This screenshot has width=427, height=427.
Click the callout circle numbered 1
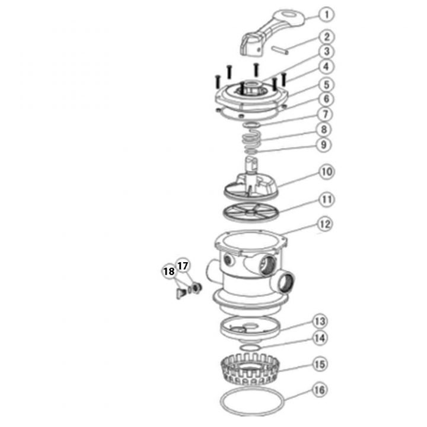[327, 14]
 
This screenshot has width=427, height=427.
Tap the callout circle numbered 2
[327, 37]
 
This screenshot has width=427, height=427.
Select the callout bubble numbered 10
[327, 172]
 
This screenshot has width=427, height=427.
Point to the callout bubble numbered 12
[325, 224]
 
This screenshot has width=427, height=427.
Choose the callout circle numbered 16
[320, 390]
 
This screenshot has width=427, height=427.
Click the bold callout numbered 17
[183, 266]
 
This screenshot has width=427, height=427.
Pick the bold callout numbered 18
[169, 271]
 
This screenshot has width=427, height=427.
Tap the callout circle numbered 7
[325, 114]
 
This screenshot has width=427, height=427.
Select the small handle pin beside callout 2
[279, 50]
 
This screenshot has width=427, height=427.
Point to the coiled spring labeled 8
[251, 139]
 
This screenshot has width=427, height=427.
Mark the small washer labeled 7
[251, 125]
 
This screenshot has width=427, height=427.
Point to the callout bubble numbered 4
[326, 67]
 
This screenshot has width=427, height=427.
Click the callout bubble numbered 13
[320, 321]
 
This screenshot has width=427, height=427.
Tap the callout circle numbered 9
[324, 144]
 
